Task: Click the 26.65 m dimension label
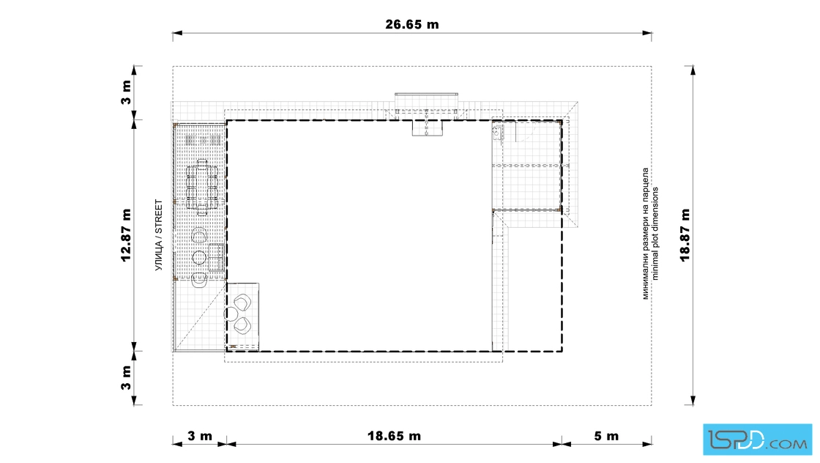(412, 24)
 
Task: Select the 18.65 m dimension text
(394, 436)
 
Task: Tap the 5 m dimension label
(606, 436)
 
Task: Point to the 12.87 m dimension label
(126, 235)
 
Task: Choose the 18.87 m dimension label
(685, 235)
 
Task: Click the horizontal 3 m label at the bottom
(200, 436)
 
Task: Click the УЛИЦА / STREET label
(158, 235)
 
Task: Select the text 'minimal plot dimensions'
(655, 233)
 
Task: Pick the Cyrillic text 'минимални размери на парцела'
(646, 233)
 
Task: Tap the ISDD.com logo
(757, 440)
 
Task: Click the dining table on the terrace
(202, 187)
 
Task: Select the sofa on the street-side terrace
(217, 257)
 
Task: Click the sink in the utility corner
(497, 133)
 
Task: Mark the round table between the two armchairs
(231, 314)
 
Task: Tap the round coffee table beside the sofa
(198, 257)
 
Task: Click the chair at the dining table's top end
(202, 162)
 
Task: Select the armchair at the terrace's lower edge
(199, 281)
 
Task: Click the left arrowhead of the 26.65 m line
(177, 33)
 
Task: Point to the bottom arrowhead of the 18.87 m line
(693, 401)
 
